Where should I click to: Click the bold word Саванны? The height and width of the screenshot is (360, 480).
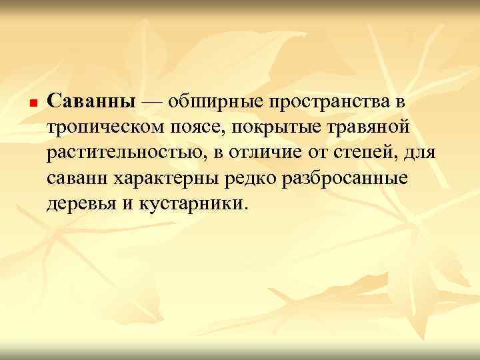[x=93, y=102]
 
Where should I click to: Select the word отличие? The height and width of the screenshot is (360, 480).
[x=268, y=153]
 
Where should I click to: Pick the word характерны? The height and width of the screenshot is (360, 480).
[x=163, y=179]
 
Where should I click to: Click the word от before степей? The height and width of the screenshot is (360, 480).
[x=319, y=153]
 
